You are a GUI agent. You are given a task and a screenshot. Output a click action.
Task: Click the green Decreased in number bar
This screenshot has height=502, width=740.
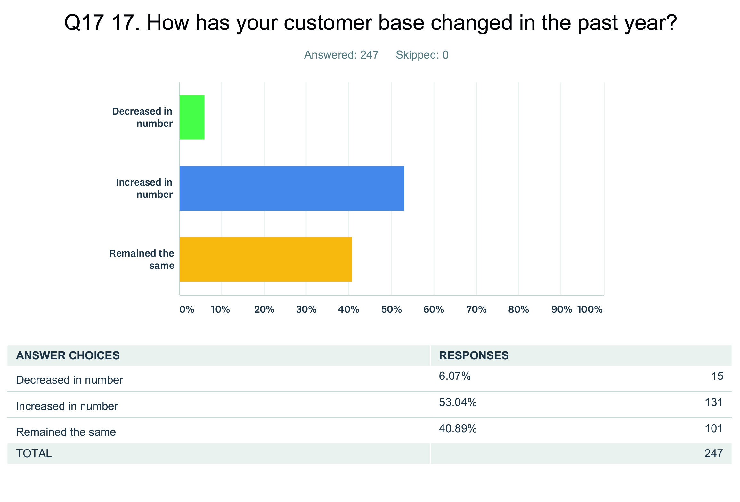192,117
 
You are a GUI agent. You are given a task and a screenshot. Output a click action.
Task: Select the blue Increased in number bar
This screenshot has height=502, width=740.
291,188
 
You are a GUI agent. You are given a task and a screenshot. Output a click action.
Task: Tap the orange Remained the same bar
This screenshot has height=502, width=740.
265,259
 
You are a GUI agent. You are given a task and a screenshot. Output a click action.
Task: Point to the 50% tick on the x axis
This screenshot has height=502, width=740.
391,309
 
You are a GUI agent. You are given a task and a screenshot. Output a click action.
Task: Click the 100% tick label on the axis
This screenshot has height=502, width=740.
590,309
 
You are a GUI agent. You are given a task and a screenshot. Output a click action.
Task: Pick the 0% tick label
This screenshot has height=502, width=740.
187,309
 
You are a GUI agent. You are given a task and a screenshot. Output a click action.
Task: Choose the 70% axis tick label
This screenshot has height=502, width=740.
476,309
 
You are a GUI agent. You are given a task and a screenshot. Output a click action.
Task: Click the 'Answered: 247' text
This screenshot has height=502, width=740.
341,55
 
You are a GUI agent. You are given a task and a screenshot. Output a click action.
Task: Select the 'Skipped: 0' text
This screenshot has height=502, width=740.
422,55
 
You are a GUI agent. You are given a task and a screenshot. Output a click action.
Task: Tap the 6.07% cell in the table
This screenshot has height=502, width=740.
455,376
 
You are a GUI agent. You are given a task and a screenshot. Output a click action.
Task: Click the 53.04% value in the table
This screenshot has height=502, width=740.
458,402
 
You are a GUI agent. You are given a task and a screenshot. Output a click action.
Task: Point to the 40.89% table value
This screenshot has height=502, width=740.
458,429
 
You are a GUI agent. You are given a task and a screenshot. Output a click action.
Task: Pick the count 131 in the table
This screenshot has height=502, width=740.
713,402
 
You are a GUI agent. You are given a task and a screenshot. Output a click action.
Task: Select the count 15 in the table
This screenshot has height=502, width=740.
717,376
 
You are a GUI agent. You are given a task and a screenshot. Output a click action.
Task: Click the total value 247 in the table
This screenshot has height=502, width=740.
713,454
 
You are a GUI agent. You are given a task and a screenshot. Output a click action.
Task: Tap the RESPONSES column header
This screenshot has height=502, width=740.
474,355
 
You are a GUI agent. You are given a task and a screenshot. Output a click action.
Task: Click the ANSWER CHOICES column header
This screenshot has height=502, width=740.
68,355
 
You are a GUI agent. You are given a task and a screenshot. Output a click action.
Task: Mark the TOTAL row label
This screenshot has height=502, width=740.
34,454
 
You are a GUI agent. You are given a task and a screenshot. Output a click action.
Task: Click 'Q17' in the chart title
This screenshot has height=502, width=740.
84,23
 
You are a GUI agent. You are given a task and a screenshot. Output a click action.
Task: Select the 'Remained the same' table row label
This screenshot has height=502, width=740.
66,432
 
